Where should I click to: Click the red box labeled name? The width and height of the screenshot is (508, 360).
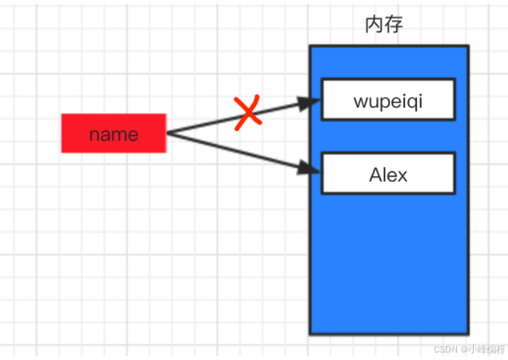coord(113,134)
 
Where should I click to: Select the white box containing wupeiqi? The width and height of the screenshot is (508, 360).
coord(388,99)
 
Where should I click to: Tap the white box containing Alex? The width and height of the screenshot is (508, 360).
coord(388,174)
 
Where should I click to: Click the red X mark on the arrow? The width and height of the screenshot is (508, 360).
coord(248,114)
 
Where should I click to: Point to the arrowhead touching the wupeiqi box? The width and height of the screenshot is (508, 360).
coord(311,102)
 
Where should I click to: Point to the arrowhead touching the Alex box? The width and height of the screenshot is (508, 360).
coord(311,169)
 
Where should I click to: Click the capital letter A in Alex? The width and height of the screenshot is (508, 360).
coord(375,174)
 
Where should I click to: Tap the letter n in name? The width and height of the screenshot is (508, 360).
coord(95,135)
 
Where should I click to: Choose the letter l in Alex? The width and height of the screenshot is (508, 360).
coord(385,174)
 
